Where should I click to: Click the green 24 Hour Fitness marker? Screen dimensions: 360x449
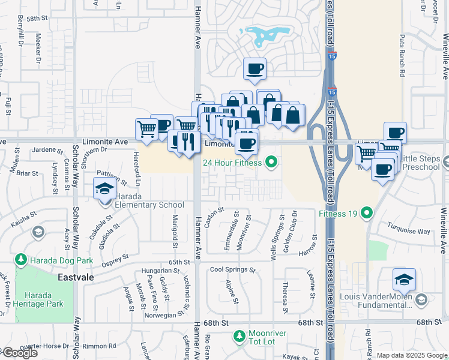pyautogui.click(x=271, y=162)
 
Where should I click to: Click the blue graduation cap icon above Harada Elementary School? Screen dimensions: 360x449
pyautogui.click(x=104, y=188)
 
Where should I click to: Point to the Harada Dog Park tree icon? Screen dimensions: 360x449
pyautogui.click(x=21, y=260)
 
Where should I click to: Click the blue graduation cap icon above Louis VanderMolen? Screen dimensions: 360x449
pyautogui.click(x=404, y=279)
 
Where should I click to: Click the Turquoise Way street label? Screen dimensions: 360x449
pyautogui.click(x=408, y=231)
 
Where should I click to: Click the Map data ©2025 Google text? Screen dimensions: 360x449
pyautogui.click(x=412, y=355)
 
